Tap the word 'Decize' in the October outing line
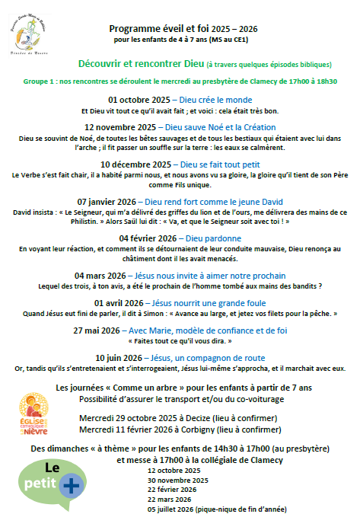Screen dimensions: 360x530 coord(197,418)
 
